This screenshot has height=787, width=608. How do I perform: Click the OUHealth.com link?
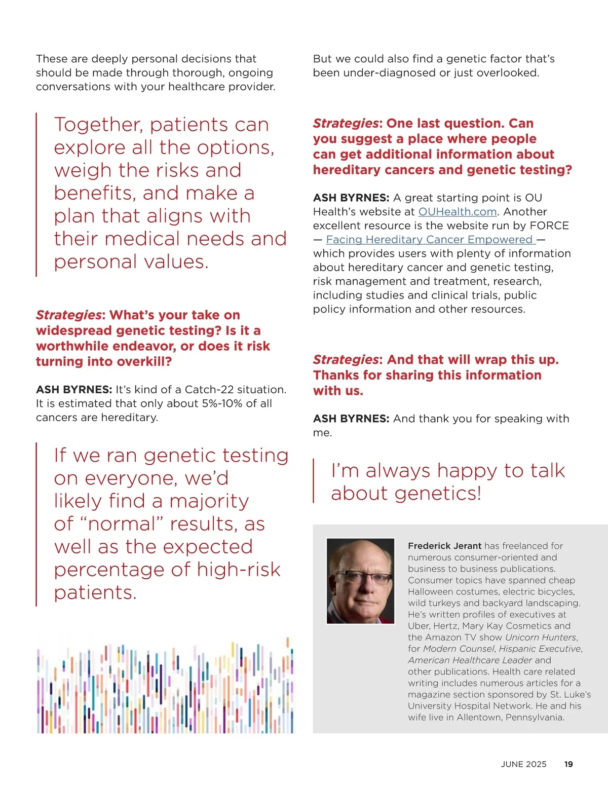point(457,212)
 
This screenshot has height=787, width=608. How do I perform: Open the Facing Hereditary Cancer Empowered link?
point(430,240)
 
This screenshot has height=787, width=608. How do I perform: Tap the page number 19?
point(568,764)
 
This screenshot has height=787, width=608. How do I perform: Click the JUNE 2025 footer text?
point(523,764)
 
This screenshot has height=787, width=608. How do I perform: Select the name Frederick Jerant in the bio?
point(444,546)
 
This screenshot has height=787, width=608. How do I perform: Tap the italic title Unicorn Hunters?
point(541,638)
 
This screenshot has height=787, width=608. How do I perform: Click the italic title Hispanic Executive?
point(540,649)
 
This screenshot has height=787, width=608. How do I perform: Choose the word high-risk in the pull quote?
point(238,570)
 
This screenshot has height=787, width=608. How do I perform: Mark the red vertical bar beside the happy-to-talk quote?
point(314,481)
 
